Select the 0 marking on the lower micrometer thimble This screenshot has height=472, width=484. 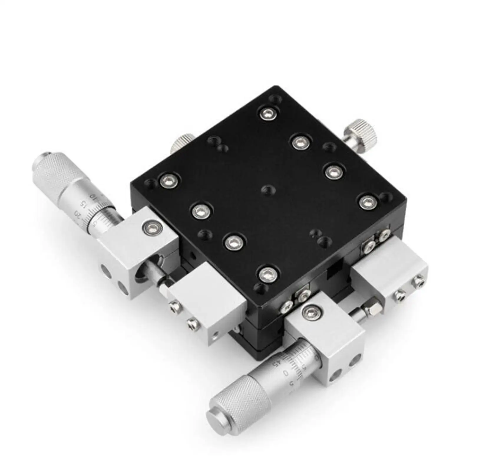[x=285, y=373]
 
